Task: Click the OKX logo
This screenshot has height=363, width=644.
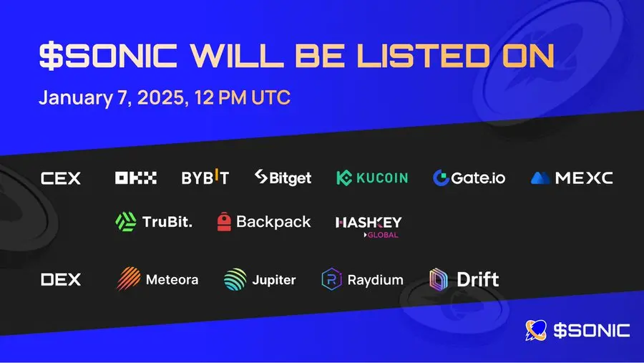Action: coord(135,178)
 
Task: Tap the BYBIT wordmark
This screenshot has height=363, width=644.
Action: coord(205,178)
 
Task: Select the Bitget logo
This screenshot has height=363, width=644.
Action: coord(283,178)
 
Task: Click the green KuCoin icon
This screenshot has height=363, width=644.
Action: coord(344,178)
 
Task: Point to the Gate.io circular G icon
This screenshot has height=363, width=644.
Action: coord(441,178)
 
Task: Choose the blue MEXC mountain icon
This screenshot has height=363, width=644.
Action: coord(540,178)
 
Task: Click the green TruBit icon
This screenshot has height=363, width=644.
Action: coord(126,221)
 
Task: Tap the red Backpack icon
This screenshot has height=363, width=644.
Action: coord(224,221)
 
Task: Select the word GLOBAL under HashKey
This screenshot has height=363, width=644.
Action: coord(383,235)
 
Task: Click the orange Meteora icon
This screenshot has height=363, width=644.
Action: coord(129,279)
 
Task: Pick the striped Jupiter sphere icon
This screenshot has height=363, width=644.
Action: coord(235,279)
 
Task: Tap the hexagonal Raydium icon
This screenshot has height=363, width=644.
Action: coord(331,279)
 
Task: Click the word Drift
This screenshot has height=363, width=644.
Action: coord(478,279)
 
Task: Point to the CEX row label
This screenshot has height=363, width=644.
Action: coord(61,178)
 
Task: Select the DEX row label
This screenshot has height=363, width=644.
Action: coord(61,279)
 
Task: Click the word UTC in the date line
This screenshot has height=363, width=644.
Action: coord(271,98)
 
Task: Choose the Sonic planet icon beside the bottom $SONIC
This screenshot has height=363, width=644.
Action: coord(536,330)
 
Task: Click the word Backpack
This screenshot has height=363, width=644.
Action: coord(273,221)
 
